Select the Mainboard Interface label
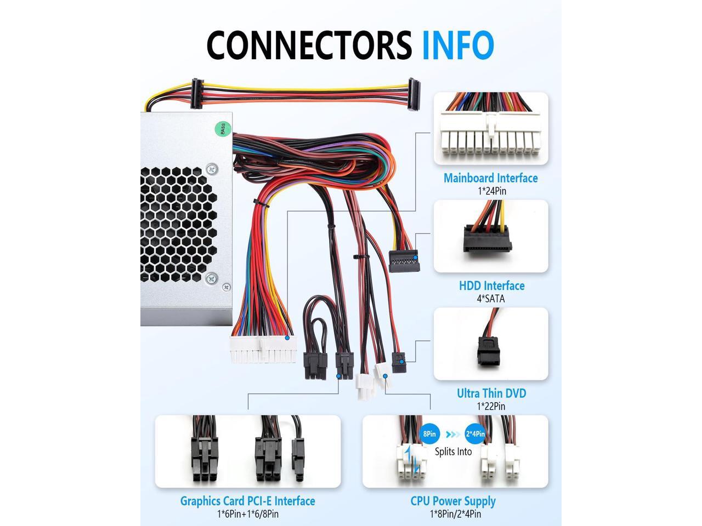pos(490,178)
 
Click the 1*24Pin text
pos(491,191)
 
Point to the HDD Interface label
pos(491,285)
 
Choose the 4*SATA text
pos(491,299)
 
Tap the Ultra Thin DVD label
pos(491,393)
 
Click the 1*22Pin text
pos(491,406)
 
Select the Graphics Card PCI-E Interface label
pos(247,501)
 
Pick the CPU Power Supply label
pos(453,501)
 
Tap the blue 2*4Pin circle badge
pos(475,434)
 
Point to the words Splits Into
pos(453,451)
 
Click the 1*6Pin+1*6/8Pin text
pos(247,514)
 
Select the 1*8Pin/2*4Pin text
pos(455,514)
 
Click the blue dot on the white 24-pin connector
pos(287,338)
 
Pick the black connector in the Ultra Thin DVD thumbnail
pos(486,350)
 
